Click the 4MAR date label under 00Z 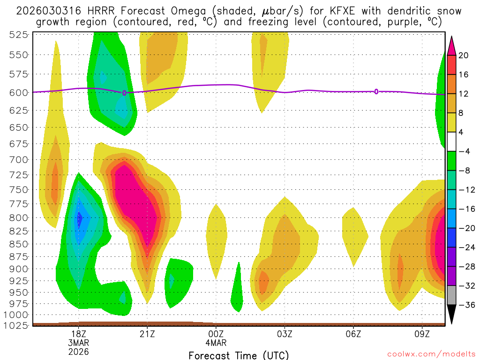tap(216, 343)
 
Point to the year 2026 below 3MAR tap(78, 352)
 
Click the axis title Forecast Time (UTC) tap(239, 355)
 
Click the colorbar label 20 tap(464, 55)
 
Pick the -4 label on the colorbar tap(464, 151)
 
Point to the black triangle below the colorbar tap(452, 315)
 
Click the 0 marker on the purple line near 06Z tap(376, 91)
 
